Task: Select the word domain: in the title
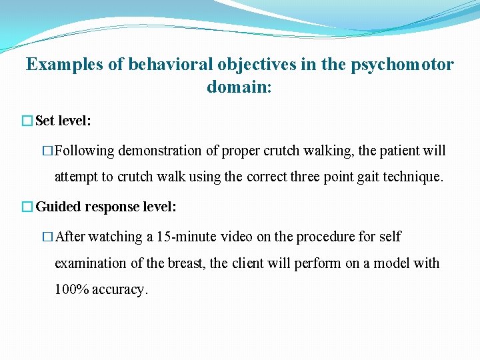click(239, 87)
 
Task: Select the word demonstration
click(160, 151)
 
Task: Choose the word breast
click(185, 263)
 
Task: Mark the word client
click(248, 263)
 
